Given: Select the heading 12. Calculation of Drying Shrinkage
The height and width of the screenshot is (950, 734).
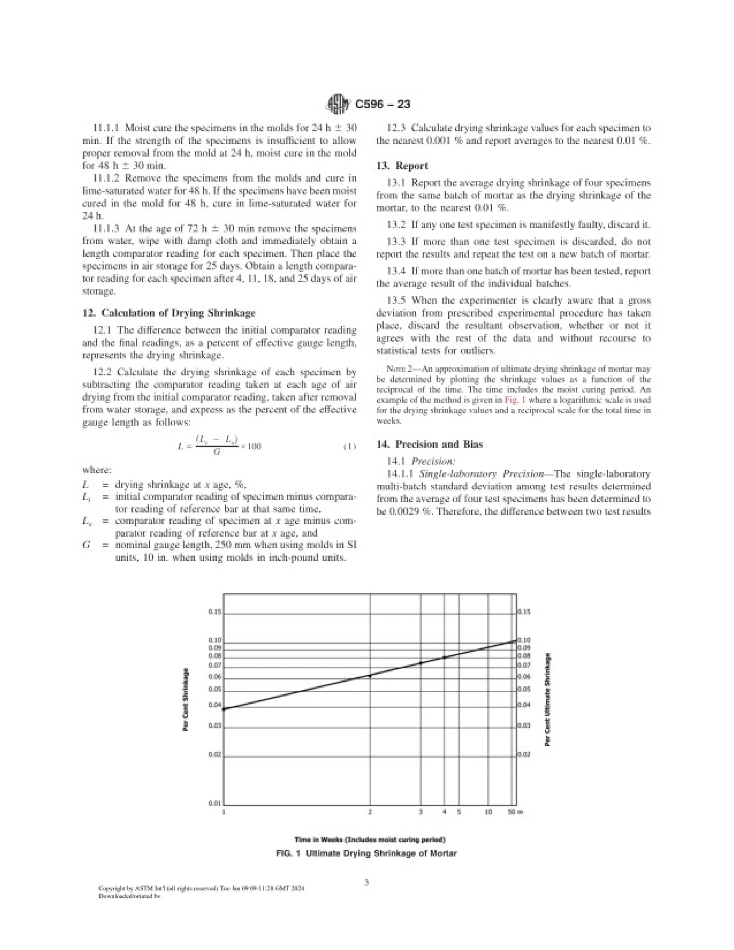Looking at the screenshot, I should (169, 313).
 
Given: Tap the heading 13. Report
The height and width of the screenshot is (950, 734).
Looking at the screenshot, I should (402, 166).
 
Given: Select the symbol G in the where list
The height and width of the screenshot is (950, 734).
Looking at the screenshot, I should (86, 545).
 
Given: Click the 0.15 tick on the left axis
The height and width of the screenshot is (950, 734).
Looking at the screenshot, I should (215, 612).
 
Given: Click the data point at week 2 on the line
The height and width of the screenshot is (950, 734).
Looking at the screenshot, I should (370, 675).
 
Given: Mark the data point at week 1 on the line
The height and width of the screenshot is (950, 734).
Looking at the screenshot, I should (224, 709).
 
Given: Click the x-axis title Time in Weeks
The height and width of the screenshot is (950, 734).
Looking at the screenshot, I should (370, 840).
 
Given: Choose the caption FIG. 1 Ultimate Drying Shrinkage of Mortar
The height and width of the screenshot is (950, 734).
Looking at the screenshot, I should (367, 854).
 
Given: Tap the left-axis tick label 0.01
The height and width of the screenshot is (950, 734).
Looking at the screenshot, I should (215, 803).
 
